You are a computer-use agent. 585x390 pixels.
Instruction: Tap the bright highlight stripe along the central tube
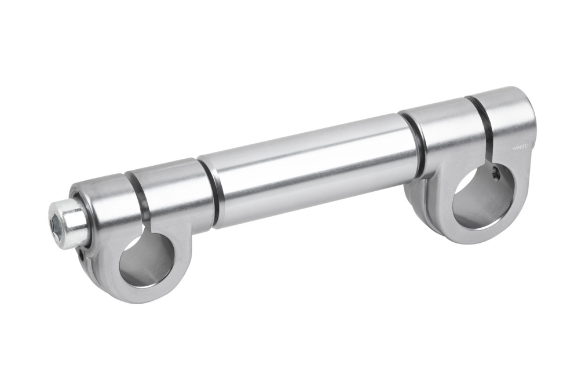pyautogui.click(x=307, y=148)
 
